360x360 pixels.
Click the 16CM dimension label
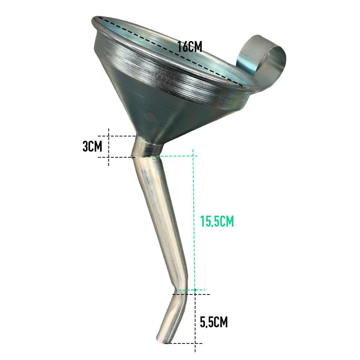click(x=190, y=46)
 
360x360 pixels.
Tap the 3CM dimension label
click(x=92, y=146)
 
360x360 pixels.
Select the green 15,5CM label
click(x=217, y=221)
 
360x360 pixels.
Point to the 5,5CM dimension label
click(x=214, y=322)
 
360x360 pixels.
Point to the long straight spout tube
click(x=161, y=220)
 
